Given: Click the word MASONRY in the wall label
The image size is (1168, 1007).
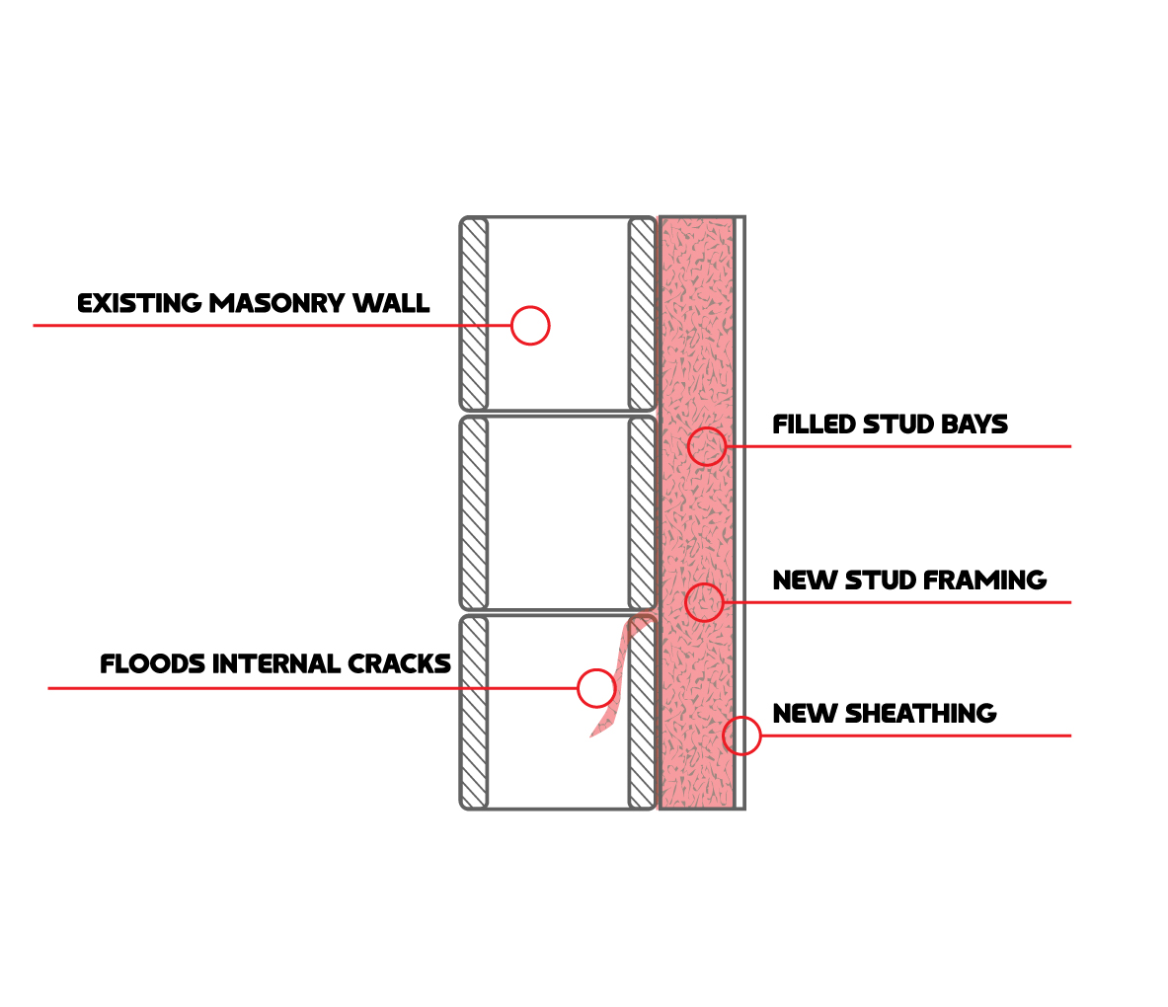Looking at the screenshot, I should coord(278,303).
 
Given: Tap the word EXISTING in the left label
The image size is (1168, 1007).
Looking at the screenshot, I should coord(139,303).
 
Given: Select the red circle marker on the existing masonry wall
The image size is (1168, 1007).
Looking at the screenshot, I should coord(530,325).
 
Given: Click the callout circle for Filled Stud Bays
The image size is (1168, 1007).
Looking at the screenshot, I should coord(707,446).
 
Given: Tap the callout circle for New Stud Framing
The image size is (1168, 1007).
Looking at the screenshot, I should coord(704,601).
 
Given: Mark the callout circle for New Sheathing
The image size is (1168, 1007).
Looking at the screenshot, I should coord(741,736).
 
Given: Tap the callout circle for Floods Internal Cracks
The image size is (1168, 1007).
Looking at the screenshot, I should coord(596,688).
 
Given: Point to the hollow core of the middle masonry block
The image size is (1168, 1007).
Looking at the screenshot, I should coord(558,513).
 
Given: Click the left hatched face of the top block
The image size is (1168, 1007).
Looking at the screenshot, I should coord(475,313).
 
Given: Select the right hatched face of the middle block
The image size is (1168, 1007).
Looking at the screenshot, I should coord(642,513).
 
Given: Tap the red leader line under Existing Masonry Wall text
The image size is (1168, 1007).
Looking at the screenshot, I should coord(247,325).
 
